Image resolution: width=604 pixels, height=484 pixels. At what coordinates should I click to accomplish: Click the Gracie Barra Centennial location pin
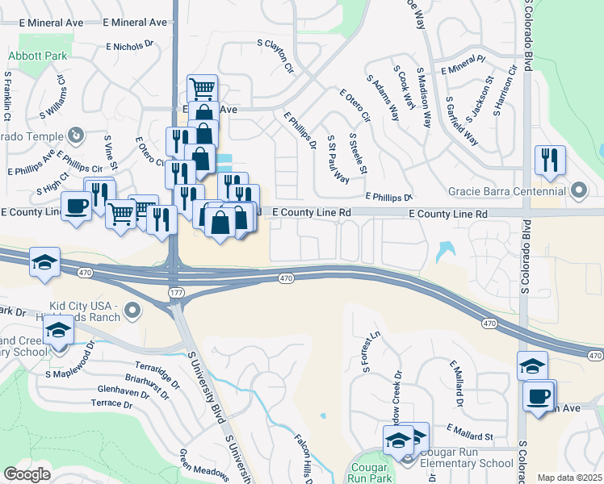(579, 192)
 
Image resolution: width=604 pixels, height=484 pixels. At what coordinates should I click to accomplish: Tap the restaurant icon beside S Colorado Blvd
(550, 160)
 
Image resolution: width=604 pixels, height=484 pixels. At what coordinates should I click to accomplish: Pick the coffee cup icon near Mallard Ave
(539, 396)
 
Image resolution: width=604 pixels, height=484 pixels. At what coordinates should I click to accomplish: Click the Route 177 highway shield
(175, 290)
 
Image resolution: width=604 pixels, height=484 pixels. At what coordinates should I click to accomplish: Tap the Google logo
(27, 474)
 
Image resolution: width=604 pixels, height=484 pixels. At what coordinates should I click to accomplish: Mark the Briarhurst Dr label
(147, 385)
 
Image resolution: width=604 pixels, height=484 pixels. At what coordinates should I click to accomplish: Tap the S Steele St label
(358, 153)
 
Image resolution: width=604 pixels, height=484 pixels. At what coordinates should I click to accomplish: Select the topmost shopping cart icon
(202, 87)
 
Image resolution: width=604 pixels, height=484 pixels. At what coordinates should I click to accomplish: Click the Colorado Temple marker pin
(76, 134)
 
